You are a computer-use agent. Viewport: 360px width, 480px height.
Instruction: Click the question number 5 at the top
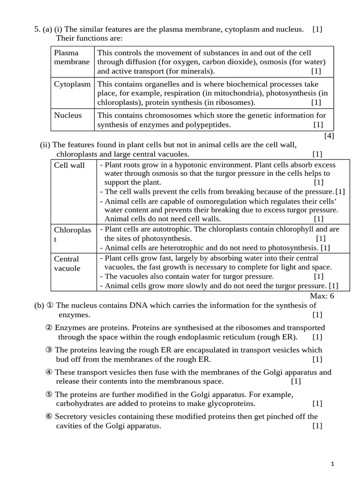click(x=37, y=30)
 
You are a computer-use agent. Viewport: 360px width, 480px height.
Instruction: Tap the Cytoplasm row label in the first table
click(x=72, y=84)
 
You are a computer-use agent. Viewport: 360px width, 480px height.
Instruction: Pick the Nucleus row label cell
click(x=67, y=115)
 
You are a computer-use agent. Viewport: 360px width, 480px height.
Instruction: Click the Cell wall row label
click(x=69, y=165)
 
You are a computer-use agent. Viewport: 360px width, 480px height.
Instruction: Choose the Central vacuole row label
click(x=67, y=263)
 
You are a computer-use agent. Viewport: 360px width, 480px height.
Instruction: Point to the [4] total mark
click(x=329, y=136)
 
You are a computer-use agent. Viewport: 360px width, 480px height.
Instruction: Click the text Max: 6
click(x=322, y=296)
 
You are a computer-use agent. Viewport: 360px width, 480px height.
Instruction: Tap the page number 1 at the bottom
click(x=332, y=464)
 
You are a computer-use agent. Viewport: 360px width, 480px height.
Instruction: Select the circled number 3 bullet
click(x=49, y=350)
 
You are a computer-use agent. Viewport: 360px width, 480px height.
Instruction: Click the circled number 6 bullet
click(x=49, y=417)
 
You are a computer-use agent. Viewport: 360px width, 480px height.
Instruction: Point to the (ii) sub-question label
click(x=45, y=145)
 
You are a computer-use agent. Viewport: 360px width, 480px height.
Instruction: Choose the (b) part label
click(x=39, y=305)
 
